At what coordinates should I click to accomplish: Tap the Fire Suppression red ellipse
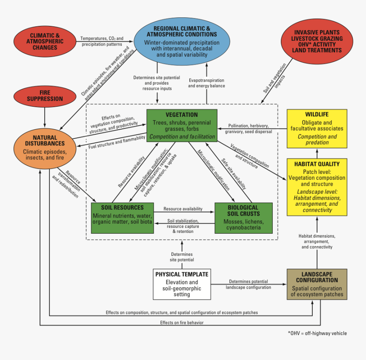coord(45,96)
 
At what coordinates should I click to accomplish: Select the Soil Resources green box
coord(122,218)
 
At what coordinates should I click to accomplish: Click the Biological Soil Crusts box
coord(243,218)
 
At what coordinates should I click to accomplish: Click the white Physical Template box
coord(182,284)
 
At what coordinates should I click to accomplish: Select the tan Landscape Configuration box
coord(317,284)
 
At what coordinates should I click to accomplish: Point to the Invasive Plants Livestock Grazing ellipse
coord(317,41)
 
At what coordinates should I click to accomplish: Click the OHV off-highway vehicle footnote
coord(317,333)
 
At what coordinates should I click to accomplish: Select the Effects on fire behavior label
coord(182,323)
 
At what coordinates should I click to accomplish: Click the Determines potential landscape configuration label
coord(248,284)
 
